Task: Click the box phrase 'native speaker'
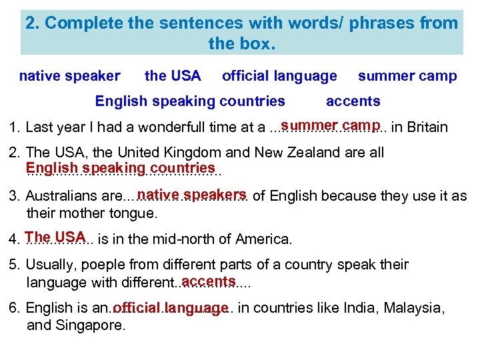pos(70,76)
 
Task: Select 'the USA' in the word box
pos(173,76)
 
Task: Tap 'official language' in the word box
pos(279,76)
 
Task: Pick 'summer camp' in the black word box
pos(407,76)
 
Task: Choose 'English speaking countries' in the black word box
pos(190,101)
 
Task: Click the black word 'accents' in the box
pos(353,101)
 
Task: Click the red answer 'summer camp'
pos(330,125)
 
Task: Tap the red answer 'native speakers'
pos(193,195)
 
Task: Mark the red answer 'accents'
pos(208,281)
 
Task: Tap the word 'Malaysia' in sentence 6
pos(413,309)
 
